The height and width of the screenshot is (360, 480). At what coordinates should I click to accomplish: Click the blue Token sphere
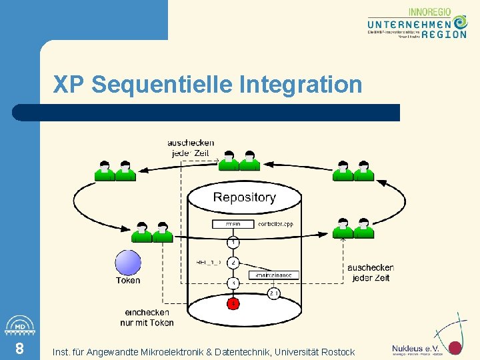(x=128, y=262)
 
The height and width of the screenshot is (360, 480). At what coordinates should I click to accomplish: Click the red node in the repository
(x=233, y=304)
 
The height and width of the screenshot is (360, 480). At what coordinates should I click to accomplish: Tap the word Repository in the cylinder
(x=244, y=197)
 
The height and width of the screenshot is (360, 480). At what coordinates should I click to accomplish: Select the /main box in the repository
(x=233, y=225)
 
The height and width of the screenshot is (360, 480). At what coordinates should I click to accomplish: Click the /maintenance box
(x=273, y=275)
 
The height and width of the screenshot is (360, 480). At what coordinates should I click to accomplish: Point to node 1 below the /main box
(x=233, y=241)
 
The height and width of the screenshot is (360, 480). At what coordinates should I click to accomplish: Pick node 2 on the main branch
(x=233, y=263)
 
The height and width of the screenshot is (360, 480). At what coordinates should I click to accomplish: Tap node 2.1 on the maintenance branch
(x=273, y=293)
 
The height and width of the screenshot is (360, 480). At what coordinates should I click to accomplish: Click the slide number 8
(x=19, y=349)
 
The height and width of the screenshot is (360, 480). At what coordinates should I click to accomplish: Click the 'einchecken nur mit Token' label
(x=147, y=317)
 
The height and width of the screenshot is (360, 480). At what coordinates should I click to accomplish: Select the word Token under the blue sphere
(x=128, y=281)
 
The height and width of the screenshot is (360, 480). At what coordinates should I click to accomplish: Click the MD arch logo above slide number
(x=19, y=325)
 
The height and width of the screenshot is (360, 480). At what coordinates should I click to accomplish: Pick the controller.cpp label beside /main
(x=275, y=225)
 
